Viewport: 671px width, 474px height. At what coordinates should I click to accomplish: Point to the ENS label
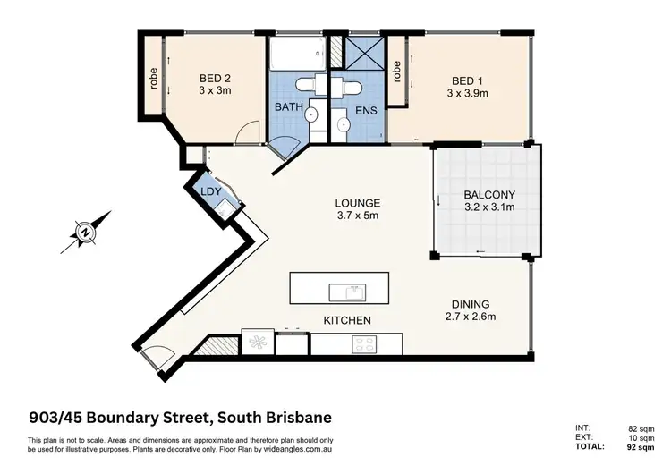(x=366, y=111)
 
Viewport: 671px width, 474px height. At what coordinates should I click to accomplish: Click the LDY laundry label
(x=211, y=192)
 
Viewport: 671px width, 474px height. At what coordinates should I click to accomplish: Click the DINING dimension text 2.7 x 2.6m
(x=471, y=316)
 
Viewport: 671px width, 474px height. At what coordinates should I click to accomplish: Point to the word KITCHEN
(x=347, y=320)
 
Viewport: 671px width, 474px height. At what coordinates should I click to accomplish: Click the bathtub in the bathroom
(x=297, y=54)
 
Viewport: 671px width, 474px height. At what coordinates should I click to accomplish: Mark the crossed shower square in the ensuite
(x=357, y=54)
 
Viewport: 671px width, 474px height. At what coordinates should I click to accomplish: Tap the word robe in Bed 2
(x=155, y=80)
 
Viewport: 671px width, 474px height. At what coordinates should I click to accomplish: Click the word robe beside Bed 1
(x=396, y=70)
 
